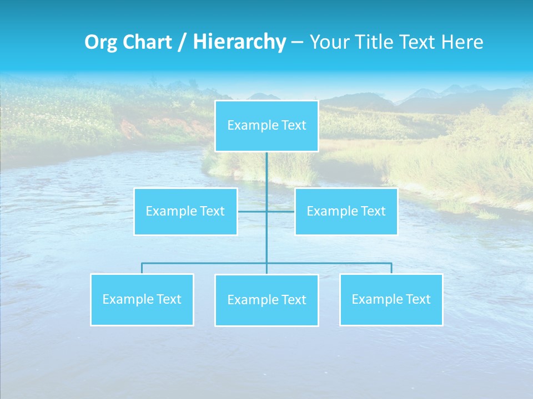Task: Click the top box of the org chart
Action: [266, 126]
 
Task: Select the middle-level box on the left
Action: [185, 211]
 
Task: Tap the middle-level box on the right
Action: [346, 211]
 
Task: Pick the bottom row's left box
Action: [142, 299]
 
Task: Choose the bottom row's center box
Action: [266, 300]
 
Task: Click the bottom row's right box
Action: [391, 299]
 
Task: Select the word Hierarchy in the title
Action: [239, 42]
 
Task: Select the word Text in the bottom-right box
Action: [418, 299]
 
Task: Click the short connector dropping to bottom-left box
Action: [142, 268]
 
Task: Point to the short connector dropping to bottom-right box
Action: [391, 268]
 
